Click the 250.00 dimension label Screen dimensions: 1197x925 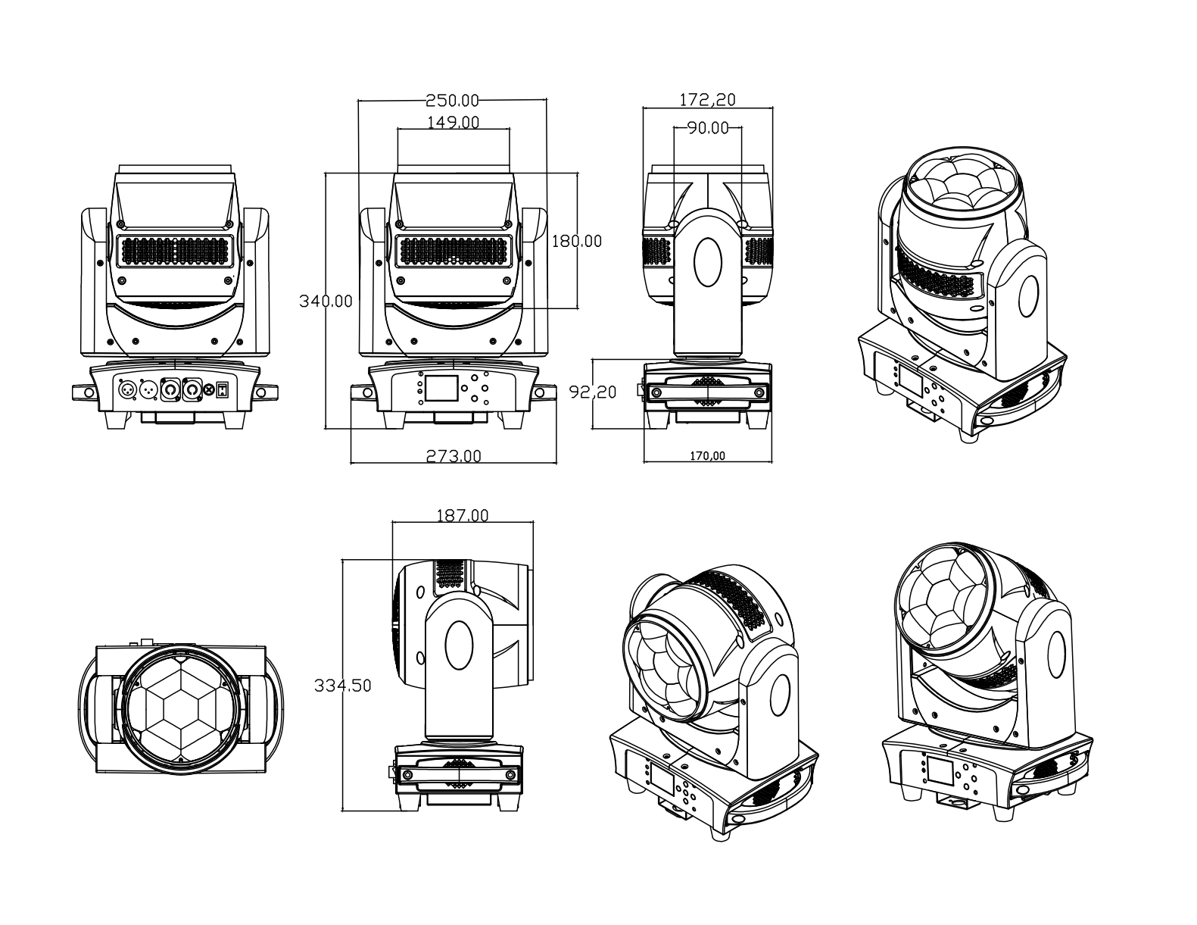(x=452, y=100)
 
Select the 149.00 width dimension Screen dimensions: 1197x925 (x=454, y=122)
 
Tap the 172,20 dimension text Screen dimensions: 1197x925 (x=707, y=99)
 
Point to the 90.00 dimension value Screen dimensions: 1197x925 (x=708, y=128)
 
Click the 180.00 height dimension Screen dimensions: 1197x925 (x=577, y=241)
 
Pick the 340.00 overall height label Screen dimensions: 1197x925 (x=326, y=301)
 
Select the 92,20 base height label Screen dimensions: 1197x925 (x=592, y=392)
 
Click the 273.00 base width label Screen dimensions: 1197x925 (x=454, y=455)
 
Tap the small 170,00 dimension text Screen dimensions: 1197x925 (x=707, y=455)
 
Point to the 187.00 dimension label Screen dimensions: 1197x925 (x=462, y=515)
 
